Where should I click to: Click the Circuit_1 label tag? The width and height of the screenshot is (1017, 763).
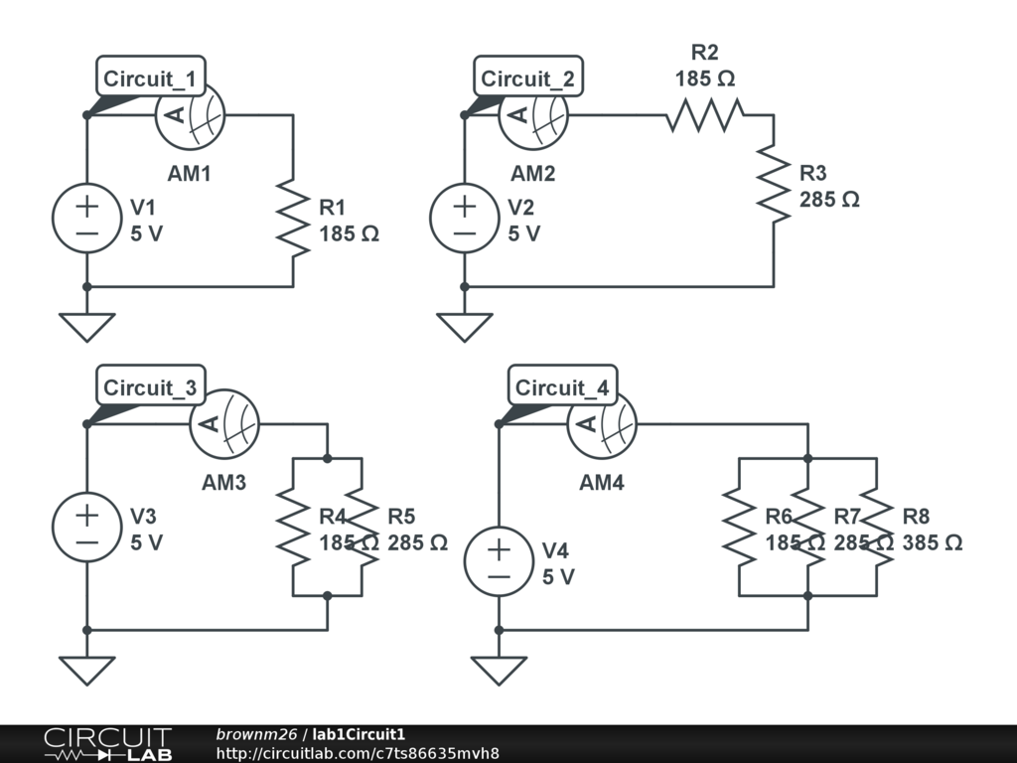(x=151, y=76)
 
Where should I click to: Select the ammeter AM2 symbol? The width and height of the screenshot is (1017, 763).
(x=533, y=116)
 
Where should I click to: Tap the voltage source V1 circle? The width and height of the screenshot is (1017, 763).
(x=87, y=219)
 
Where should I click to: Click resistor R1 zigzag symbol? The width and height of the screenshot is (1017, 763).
(x=293, y=219)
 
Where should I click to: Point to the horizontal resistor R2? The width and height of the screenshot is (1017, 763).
(x=705, y=115)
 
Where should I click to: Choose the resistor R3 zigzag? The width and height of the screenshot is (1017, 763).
(x=774, y=185)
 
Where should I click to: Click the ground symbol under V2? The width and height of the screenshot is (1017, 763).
(x=465, y=328)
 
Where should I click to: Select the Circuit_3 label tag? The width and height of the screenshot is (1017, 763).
(x=151, y=386)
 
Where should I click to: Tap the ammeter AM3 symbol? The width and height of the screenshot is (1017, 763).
(x=224, y=424)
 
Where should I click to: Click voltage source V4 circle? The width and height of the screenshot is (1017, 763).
(x=499, y=562)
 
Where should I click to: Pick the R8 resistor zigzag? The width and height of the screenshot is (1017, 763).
(x=877, y=527)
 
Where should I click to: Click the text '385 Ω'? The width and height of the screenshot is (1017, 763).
(x=932, y=542)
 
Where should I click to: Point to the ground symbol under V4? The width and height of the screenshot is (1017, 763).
(x=499, y=671)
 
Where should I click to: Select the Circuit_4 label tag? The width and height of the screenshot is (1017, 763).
(x=562, y=386)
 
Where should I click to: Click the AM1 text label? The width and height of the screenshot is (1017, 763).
(x=190, y=174)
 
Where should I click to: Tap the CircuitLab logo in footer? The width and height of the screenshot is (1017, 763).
(x=108, y=743)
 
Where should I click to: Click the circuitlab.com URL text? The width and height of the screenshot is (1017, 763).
(x=358, y=753)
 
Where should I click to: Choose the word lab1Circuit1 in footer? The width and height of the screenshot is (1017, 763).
(x=359, y=734)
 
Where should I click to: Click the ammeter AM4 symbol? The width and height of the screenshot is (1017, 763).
(x=602, y=424)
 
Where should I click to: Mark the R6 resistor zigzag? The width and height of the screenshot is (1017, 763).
(x=739, y=527)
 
